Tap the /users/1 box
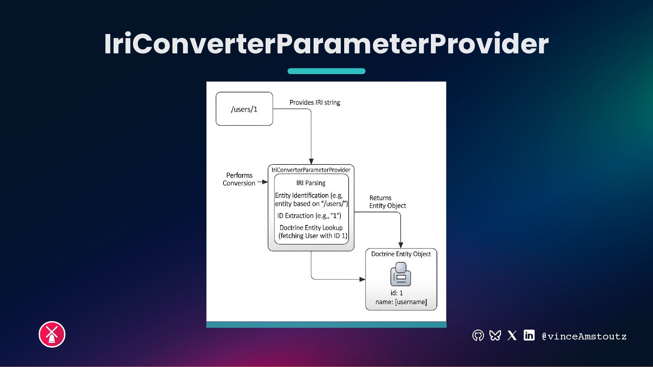click(x=244, y=109)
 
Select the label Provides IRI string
click(x=315, y=102)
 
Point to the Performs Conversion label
click(x=239, y=179)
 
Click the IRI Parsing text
click(x=311, y=183)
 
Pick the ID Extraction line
click(x=309, y=216)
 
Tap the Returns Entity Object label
click(x=387, y=202)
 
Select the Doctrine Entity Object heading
click(x=401, y=254)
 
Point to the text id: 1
click(x=397, y=293)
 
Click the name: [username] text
click(x=401, y=302)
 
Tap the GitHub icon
click(x=478, y=335)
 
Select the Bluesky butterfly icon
click(x=495, y=335)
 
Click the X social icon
click(x=512, y=335)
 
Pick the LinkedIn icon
click(x=529, y=335)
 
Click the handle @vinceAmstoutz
click(x=584, y=336)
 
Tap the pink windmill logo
click(x=52, y=334)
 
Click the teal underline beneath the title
click(x=326, y=71)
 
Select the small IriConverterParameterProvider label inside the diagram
click(x=311, y=170)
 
